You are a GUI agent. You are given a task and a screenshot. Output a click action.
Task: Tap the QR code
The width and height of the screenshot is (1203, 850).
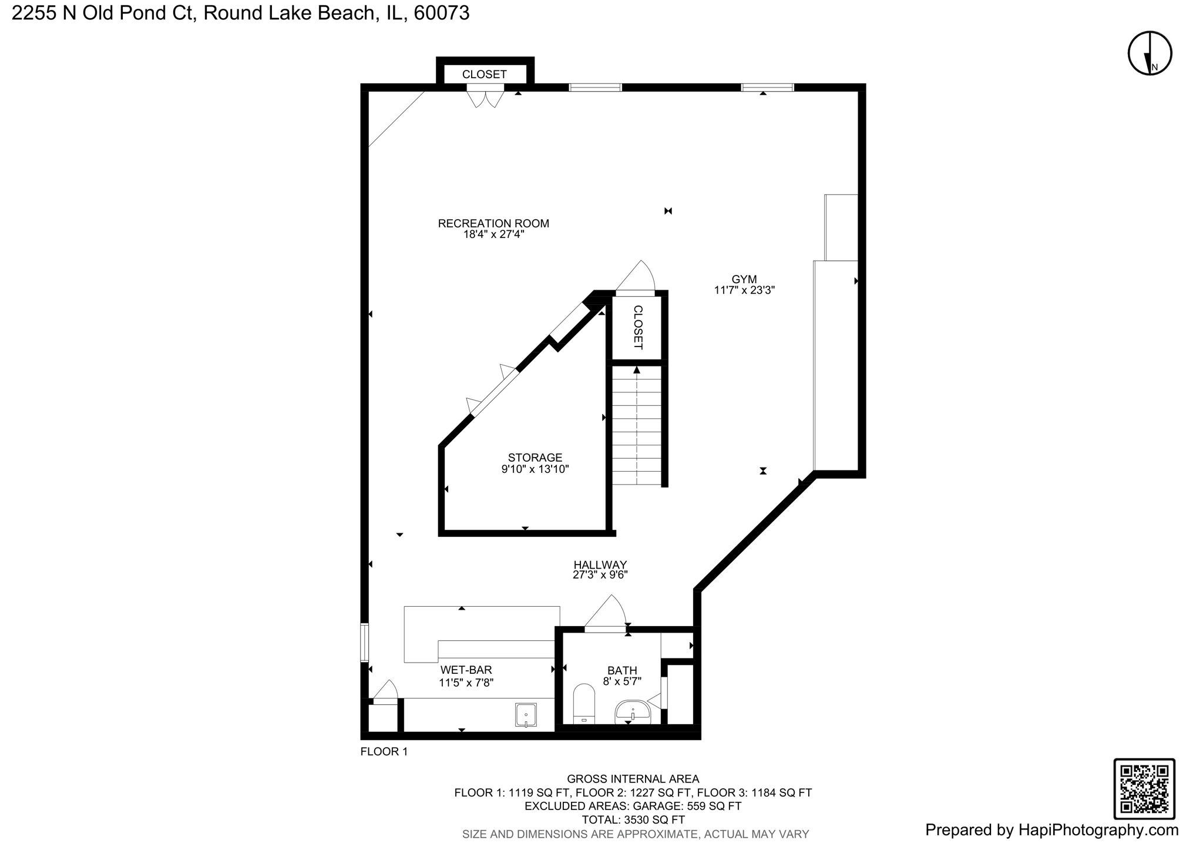point(1144,788)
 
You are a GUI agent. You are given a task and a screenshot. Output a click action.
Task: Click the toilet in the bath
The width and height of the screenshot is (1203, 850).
point(584,703)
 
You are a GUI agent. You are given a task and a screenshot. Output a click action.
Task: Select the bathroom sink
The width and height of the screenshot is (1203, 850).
point(632,712)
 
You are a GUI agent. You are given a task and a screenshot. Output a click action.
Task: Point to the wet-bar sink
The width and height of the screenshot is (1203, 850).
point(526,715)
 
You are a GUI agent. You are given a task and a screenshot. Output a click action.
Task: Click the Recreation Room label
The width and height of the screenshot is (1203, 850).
point(493,223)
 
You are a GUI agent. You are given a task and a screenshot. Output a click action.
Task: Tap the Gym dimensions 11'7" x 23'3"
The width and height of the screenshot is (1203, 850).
point(744,290)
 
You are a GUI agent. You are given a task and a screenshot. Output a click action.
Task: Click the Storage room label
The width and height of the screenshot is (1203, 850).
point(535,457)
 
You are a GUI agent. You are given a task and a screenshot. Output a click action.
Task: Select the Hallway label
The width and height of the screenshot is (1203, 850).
point(600,565)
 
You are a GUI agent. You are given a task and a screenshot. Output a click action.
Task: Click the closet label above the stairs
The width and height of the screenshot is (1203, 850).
point(638,327)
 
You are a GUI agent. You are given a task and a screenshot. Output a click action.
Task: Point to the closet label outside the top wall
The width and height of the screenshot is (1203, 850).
point(484,75)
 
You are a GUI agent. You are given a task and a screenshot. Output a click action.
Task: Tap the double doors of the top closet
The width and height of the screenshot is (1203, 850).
point(485,97)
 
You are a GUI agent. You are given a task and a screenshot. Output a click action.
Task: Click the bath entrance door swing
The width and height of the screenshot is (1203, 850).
point(606,614)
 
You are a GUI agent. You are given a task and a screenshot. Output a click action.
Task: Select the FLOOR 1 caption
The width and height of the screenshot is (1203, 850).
point(384,751)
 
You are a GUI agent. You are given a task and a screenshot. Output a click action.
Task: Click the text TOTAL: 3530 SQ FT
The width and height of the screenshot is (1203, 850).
point(633,819)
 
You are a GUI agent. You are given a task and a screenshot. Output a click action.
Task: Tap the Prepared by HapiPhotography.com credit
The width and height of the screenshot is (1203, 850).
point(1051,829)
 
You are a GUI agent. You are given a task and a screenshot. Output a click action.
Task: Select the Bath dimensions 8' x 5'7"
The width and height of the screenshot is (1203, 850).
point(622,681)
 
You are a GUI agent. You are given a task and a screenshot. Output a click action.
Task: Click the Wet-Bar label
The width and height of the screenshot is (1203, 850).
point(466,670)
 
